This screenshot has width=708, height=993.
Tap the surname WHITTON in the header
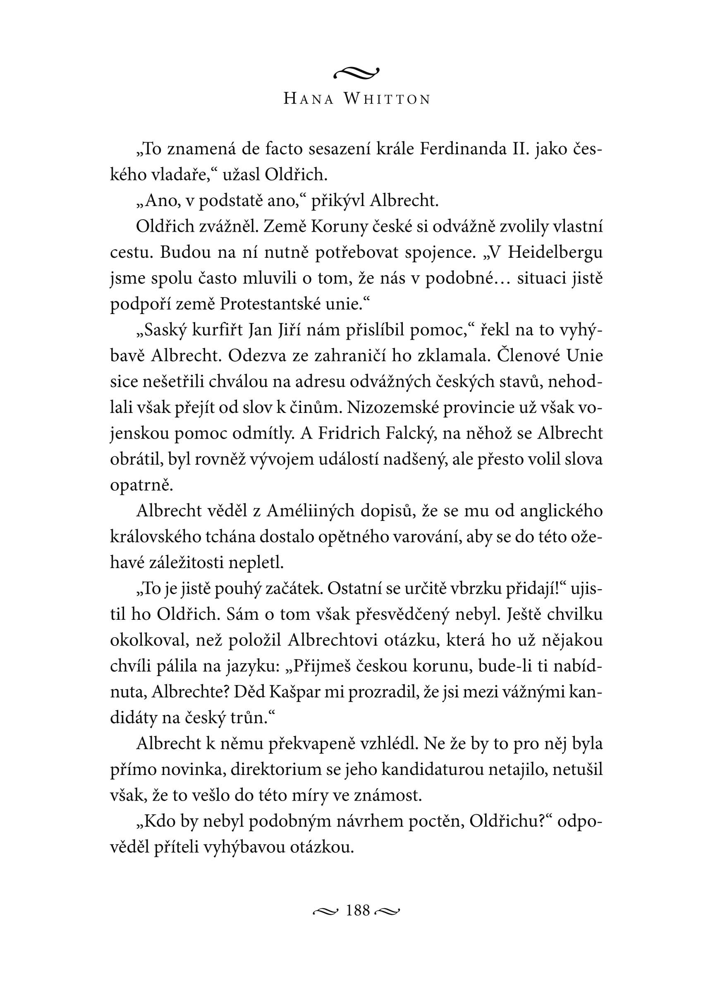[387, 99]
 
